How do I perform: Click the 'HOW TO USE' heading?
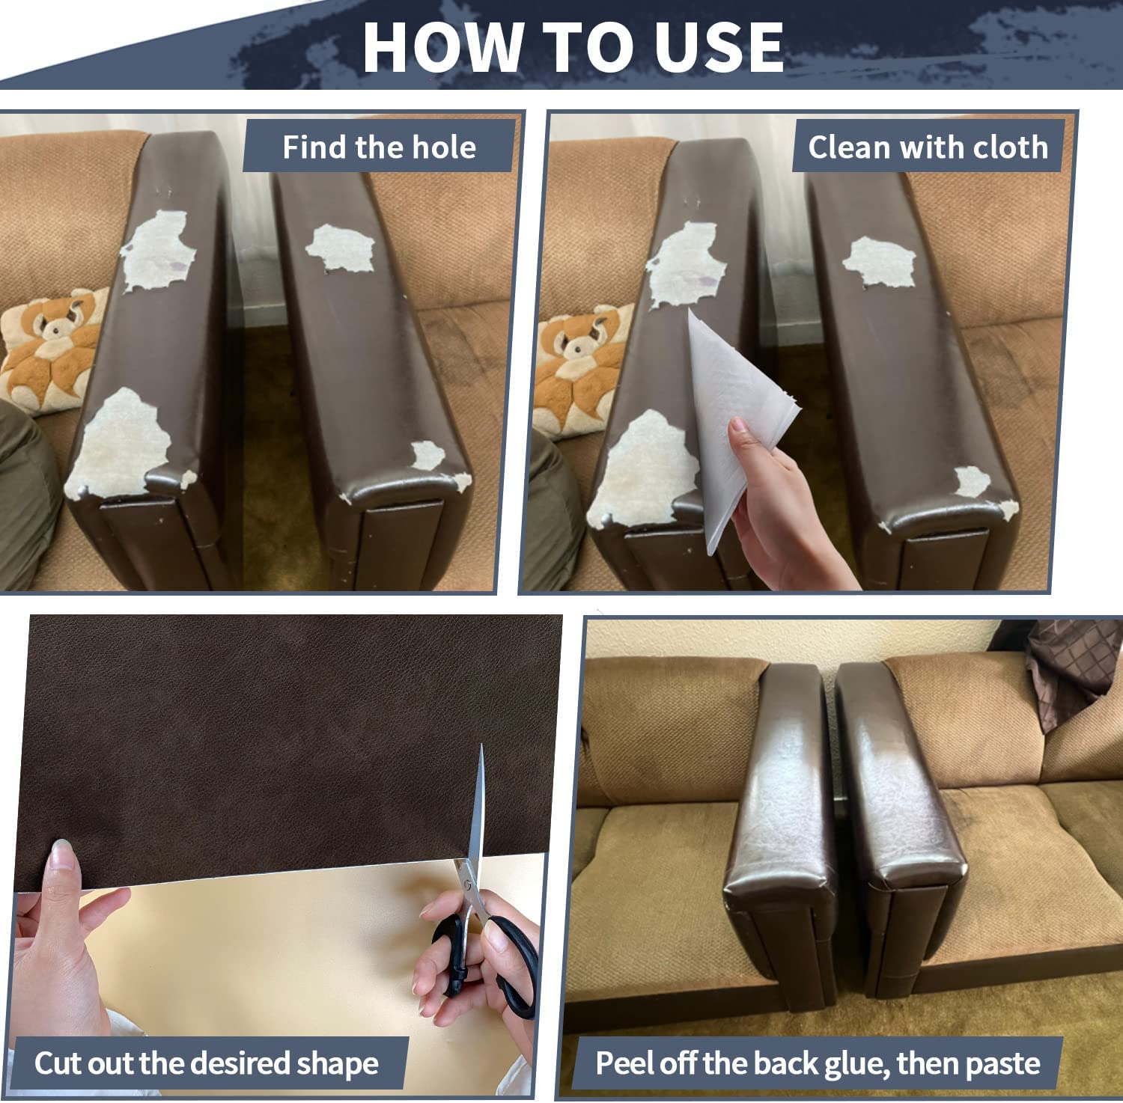point(573,46)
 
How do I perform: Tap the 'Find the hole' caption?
point(379,147)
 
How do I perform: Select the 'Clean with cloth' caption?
point(928,147)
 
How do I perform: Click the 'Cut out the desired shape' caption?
point(206,1063)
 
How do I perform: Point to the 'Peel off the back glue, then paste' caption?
point(818,1063)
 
